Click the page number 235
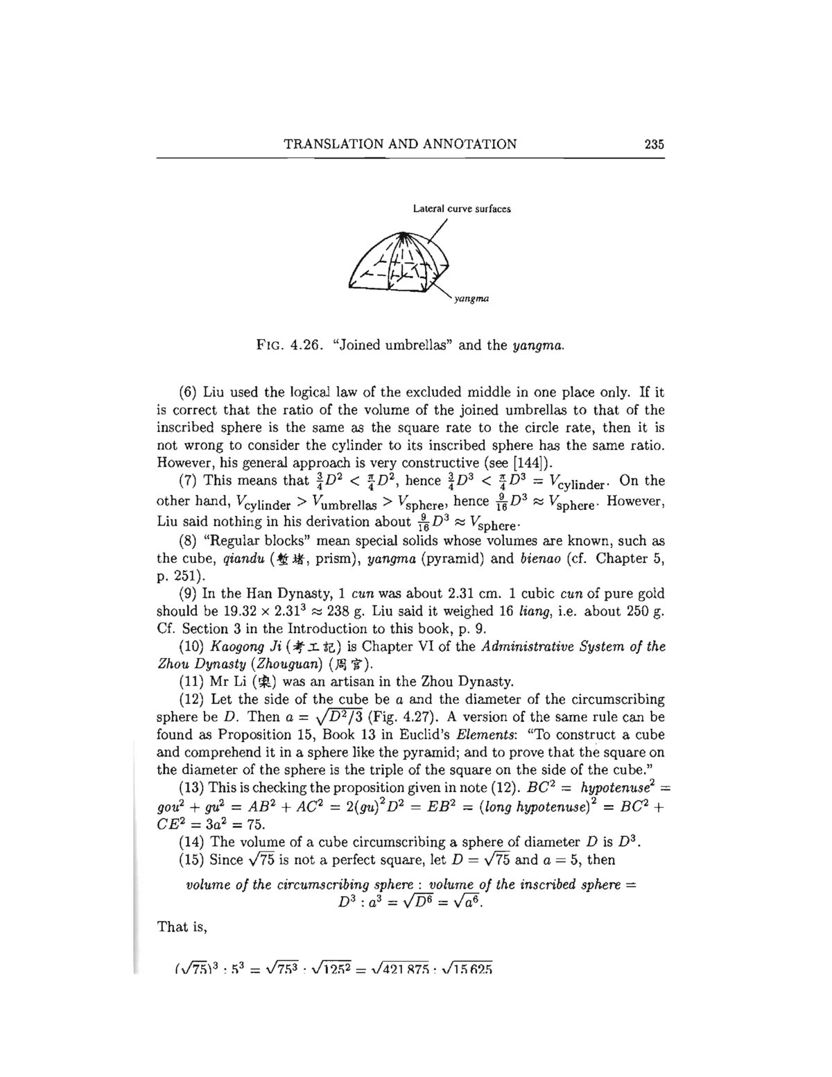click(654, 144)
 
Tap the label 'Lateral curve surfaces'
click(462, 208)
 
